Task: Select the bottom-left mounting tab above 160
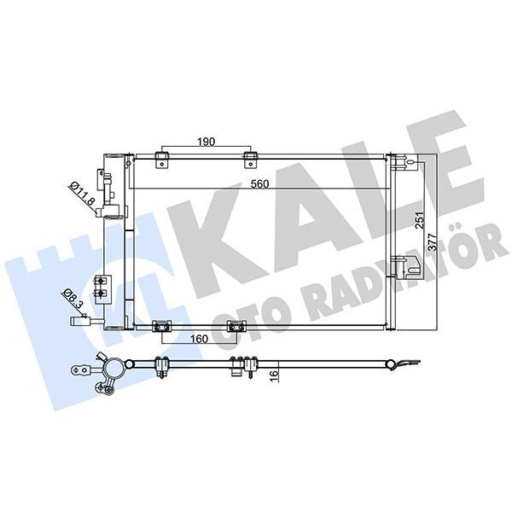158,326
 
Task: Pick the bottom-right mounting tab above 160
236,326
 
